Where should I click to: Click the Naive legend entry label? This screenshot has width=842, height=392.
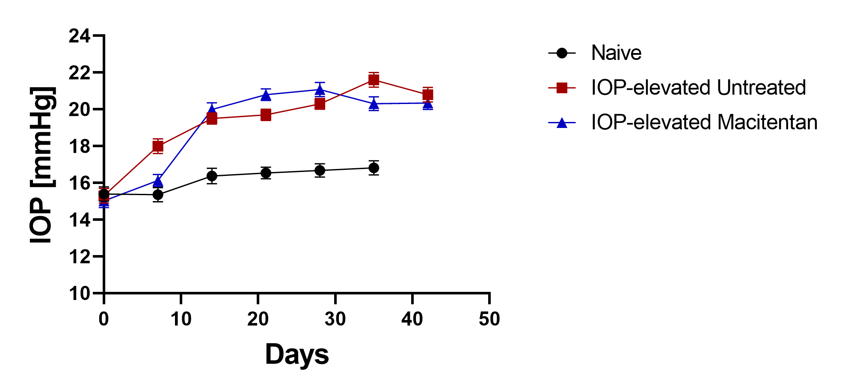click(x=616, y=53)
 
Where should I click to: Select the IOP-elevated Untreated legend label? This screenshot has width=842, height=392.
click(x=698, y=88)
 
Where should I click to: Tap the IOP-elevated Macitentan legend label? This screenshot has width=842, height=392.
click(x=704, y=122)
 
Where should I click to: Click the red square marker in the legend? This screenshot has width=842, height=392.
click(x=562, y=88)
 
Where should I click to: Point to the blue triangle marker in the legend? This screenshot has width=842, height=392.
click(x=562, y=123)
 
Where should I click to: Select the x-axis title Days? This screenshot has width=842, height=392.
click(x=297, y=354)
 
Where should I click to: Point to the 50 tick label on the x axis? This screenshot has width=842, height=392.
click(x=489, y=319)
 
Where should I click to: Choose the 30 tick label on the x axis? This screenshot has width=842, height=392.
click(x=335, y=319)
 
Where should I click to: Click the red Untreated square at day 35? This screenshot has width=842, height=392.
click(x=374, y=80)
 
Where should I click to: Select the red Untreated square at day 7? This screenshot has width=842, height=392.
click(x=158, y=146)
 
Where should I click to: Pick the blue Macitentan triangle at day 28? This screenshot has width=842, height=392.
click(x=320, y=90)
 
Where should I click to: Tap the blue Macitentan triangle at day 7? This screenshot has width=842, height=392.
click(x=158, y=181)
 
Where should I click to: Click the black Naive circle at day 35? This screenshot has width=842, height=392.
click(x=374, y=168)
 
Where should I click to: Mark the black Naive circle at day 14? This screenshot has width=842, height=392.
click(x=212, y=176)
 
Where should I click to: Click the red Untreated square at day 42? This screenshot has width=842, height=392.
click(x=427, y=95)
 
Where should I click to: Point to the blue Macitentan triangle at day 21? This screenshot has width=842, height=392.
click(x=266, y=95)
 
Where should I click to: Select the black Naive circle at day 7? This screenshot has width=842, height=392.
click(x=158, y=195)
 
